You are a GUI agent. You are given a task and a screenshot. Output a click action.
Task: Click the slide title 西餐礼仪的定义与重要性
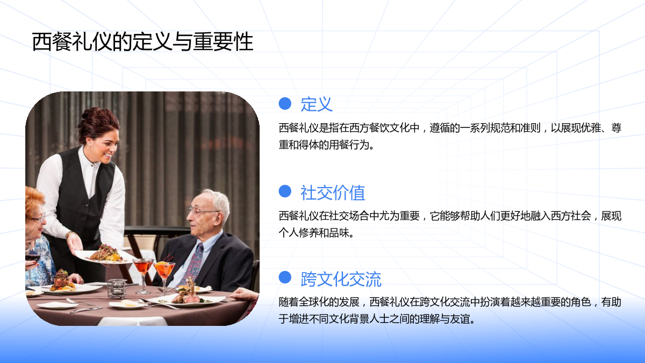pos(142,42)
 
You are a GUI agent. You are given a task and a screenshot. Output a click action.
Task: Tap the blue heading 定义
pos(317,104)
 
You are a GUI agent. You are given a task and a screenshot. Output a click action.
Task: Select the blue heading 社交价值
pos(333,193)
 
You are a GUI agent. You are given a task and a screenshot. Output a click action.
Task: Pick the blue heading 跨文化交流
pos(341,279)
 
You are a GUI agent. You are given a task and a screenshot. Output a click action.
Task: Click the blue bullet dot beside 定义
pos(285,103)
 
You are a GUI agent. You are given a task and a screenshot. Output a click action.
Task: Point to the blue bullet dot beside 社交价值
pos(285,191)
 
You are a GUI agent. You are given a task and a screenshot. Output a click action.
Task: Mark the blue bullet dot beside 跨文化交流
pos(285,277)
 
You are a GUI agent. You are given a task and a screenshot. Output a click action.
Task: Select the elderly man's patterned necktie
pos(193,263)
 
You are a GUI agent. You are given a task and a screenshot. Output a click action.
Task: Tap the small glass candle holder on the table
pos(117,289)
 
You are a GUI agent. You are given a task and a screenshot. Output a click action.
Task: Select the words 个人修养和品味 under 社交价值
pos(314,233)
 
